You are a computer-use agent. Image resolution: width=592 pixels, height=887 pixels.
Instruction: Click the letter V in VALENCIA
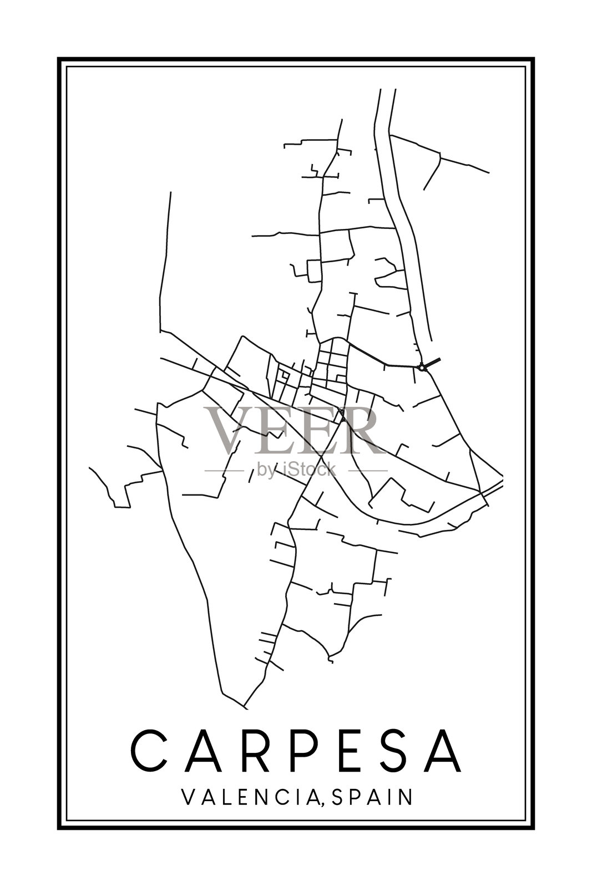[188, 797]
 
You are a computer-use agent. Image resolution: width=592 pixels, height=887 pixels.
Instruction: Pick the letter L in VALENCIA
[222, 797]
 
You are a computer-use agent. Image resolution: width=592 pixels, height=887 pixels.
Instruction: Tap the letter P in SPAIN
[357, 797]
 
